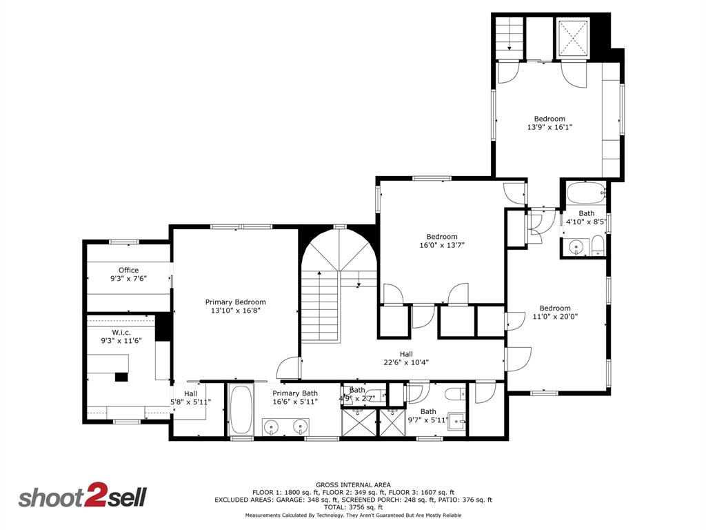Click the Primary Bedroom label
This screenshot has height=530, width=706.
click(235, 302)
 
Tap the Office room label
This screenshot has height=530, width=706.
click(128, 270)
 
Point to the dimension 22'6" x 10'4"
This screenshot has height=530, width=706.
click(406, 362)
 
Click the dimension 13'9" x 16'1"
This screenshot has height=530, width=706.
click(549, 127)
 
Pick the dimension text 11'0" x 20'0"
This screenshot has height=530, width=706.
click(555, 317)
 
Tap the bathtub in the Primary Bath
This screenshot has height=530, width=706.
click(241, 410)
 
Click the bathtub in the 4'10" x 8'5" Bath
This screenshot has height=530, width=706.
click(585, 193)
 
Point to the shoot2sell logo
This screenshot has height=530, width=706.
click(82, 498)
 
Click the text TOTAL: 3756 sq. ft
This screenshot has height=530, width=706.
click(353, 507)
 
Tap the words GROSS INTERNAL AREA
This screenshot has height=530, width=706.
click(353, 484)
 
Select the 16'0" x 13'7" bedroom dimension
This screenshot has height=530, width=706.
click(442, 245)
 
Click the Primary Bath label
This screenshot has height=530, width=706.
click(294, 393)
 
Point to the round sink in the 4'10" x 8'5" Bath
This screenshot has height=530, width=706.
click(576, 246)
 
